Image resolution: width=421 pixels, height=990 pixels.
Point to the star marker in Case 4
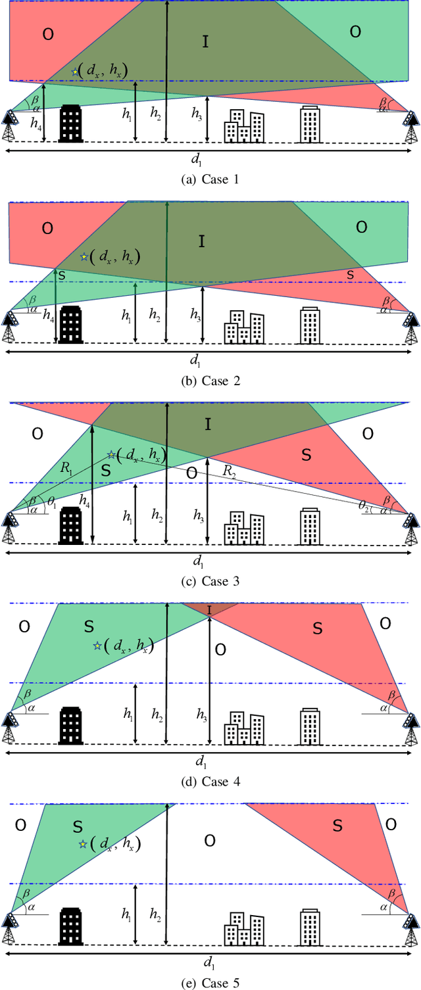pyautogui.click(x=97, y=646)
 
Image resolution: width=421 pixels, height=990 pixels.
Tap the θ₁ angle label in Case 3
pyautogui.click(x=53, y=502)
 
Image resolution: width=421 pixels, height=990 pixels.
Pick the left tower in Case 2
pyautogui.click(x=11, y=327)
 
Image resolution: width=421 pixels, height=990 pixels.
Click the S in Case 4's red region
pyautogui.click(x=317, y=628)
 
